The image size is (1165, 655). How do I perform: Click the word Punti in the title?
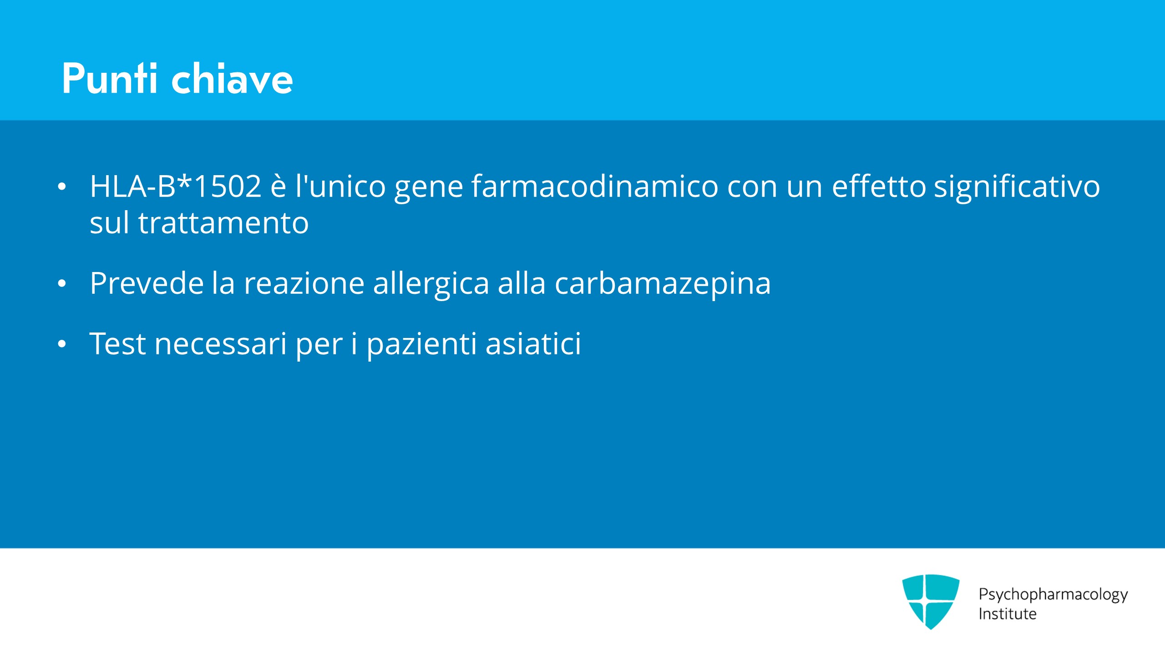[110, 79]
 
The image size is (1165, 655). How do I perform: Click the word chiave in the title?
[232, 79]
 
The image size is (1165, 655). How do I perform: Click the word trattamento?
[223, 223]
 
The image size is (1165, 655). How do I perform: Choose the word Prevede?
[147, 283]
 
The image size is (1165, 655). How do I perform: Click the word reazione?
[304, 283]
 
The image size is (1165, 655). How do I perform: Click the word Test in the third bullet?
[118, 343]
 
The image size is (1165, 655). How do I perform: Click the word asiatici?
[533, 343]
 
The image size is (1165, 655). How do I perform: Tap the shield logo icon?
[931, 602]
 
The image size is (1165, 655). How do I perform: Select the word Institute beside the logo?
[1008, 614]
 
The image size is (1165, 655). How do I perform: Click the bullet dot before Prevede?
[62, 284]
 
